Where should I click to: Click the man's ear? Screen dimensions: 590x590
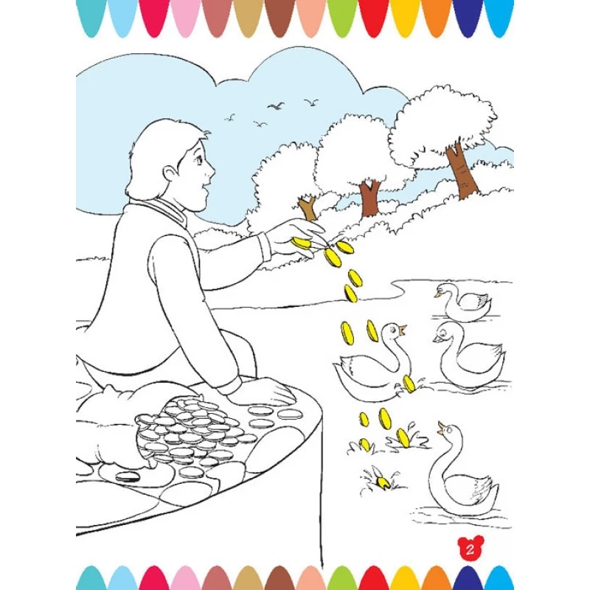(x=171, y=175)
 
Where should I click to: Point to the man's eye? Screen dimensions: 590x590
(x=198, y=161)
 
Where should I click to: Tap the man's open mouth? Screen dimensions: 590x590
(x=205, y=187)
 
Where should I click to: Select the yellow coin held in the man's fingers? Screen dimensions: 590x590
(x=302, y=243)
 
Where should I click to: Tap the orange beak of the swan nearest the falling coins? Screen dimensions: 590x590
(x=403, y=330)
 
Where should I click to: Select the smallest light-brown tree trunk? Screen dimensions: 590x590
(x=308, y=208)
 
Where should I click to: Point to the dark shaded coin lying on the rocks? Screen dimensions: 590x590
(x=127, y=476)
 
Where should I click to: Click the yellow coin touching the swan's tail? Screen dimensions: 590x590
(x=409, y=384)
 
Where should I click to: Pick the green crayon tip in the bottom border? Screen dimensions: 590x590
(x=341, y=577)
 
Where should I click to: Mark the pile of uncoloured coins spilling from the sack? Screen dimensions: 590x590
(x=192, y=434)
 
